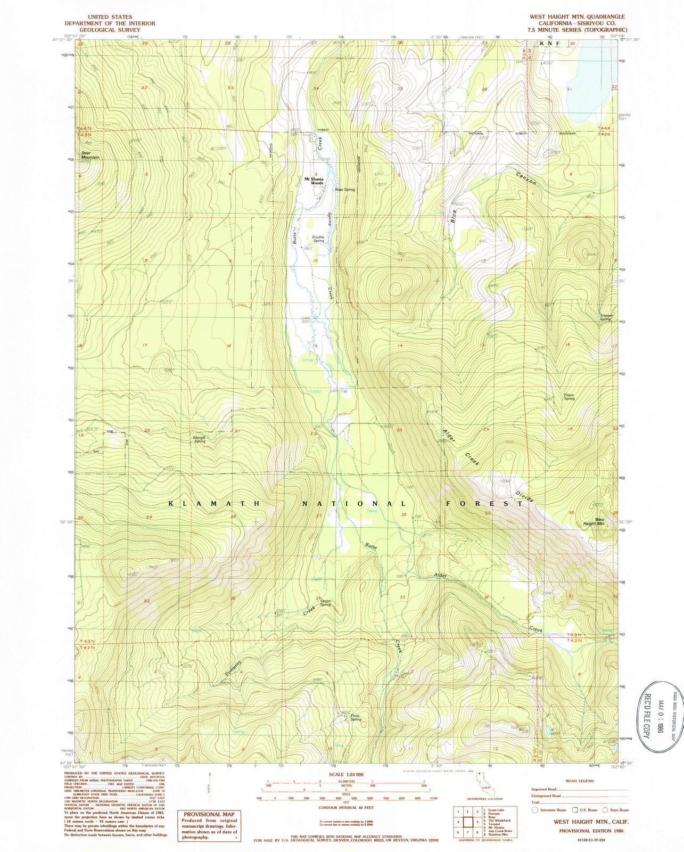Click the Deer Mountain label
coord(90,155)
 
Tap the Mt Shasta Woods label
coord(315,181)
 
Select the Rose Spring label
coord(345,190)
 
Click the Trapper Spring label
coord(607,317)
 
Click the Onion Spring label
coord(325,602)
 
